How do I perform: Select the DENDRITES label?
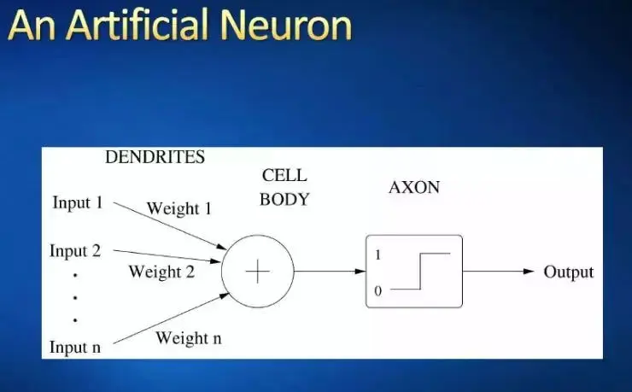point(155,157)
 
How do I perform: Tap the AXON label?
point(414,187)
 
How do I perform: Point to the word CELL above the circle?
point(284,176)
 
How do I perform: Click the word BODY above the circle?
point(284,200)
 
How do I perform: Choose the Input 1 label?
point(77,203)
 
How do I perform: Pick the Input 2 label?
point(75,251)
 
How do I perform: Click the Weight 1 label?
point(178,208)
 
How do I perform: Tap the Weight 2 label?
point(161,272)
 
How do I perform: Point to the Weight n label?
point(188,338)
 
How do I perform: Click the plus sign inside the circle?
point(257,272)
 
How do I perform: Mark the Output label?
point(568,272)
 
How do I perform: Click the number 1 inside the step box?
point(377,255)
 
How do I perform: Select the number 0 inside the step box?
point(377,291)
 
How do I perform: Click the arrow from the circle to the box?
point(329,272)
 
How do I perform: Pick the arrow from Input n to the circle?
point(171,318)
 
